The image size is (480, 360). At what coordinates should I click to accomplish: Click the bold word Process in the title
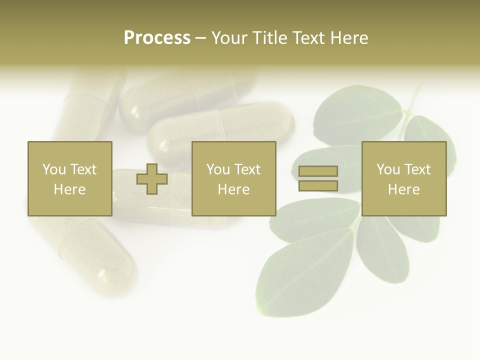click(157, 38)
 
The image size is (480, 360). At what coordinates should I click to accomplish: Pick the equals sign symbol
click(318, 178)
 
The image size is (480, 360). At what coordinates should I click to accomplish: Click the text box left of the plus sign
click(69, 178)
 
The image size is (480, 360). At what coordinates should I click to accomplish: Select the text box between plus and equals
click(233, 178)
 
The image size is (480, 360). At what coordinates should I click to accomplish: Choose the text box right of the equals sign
click(403, 178)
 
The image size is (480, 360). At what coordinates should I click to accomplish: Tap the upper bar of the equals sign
click(318, 171)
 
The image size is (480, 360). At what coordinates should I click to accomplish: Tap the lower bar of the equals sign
click(318, 186)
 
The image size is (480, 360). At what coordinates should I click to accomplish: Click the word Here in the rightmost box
click(403, 189)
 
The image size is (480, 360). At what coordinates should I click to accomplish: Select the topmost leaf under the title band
click(357, 112)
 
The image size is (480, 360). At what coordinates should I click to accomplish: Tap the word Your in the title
click(230, 38)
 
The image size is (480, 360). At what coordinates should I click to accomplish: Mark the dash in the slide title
click(200, 38)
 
